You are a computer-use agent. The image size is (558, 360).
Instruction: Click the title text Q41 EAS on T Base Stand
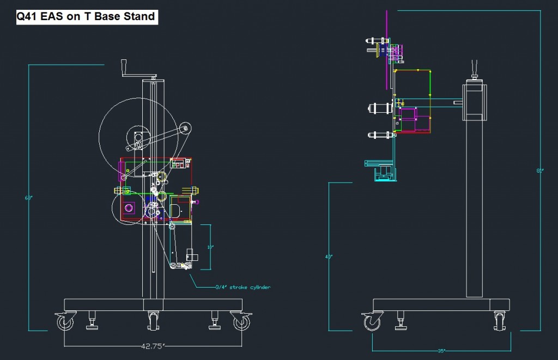86,16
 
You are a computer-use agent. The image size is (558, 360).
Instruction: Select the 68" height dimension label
28,198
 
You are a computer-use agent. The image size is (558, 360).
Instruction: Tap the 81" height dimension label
539,170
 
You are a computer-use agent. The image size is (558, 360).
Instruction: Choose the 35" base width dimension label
441,351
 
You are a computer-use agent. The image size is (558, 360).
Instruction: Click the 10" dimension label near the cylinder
210,247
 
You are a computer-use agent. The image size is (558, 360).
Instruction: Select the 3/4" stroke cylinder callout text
242,287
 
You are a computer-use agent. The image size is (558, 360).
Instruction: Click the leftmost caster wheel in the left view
65,322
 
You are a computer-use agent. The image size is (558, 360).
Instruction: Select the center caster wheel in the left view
153,322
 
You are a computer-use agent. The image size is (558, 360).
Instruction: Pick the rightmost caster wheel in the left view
241,322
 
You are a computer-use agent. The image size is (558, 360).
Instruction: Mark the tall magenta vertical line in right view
387,49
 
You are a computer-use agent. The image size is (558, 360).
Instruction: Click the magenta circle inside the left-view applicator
129,208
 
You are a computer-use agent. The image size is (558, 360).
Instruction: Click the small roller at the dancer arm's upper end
186,129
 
